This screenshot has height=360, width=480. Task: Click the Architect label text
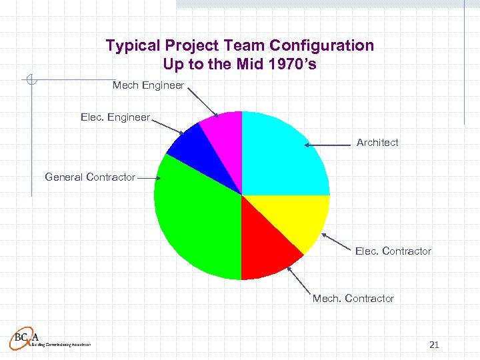point(377,142)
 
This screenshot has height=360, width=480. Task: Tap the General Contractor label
point(90,177)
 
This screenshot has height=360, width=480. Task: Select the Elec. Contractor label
point(393,251)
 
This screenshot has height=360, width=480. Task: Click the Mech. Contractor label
point(353,298)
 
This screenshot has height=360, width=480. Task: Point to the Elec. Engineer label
point(115,117)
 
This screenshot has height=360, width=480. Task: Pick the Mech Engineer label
point(148,85)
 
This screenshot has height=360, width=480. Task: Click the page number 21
point(434,345)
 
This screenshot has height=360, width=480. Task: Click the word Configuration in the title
point(322,45)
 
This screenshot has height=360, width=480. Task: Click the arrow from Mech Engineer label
point(201,102)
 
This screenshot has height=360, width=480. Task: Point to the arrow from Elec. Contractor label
point(337,243)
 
